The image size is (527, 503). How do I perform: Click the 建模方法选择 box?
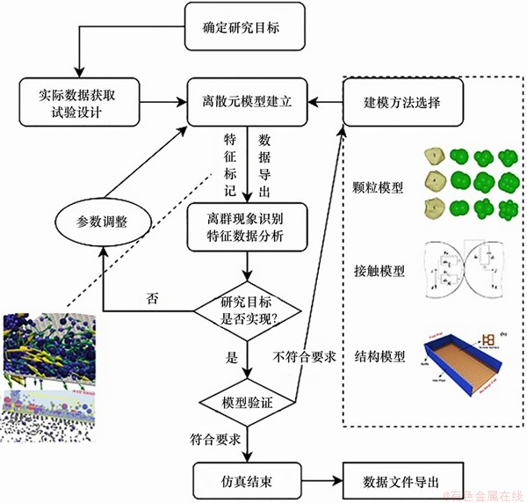click(401, 102)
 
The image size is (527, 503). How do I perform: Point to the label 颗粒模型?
click(383, 188)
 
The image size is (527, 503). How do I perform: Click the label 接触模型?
click(383, 271)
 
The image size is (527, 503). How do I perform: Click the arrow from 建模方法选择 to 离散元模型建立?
click(325, 102)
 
